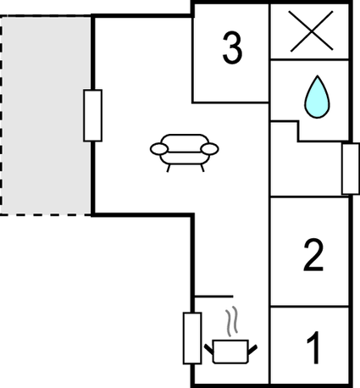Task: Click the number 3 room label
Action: (x=232, y=47)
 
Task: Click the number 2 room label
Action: (x=313, y=256)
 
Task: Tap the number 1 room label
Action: (x=313, y=348)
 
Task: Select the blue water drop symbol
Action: (x=317, y=97)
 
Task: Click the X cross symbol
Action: (x=312, y=31)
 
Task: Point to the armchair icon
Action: (x=185, y=152)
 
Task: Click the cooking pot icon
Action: (x=230, y=352)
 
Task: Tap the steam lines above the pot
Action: (x=231, y=322)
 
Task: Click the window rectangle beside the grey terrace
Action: (x=92, y=115)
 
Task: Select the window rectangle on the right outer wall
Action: (x=351, y=169)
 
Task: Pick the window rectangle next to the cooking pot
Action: (x=192, y=338)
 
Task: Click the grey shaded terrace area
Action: (x=47, y=115)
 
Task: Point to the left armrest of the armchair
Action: (x=159, y=149)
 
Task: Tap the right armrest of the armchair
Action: (x=210, y=149)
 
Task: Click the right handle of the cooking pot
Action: (x=252, y=349)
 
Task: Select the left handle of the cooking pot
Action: (x=209, y=349)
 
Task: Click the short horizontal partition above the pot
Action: (x=214, y=297)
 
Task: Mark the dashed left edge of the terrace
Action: (x=1, y=115)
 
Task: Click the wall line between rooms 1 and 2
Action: (x=309, y=306)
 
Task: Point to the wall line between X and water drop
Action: (x=309, y=59)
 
